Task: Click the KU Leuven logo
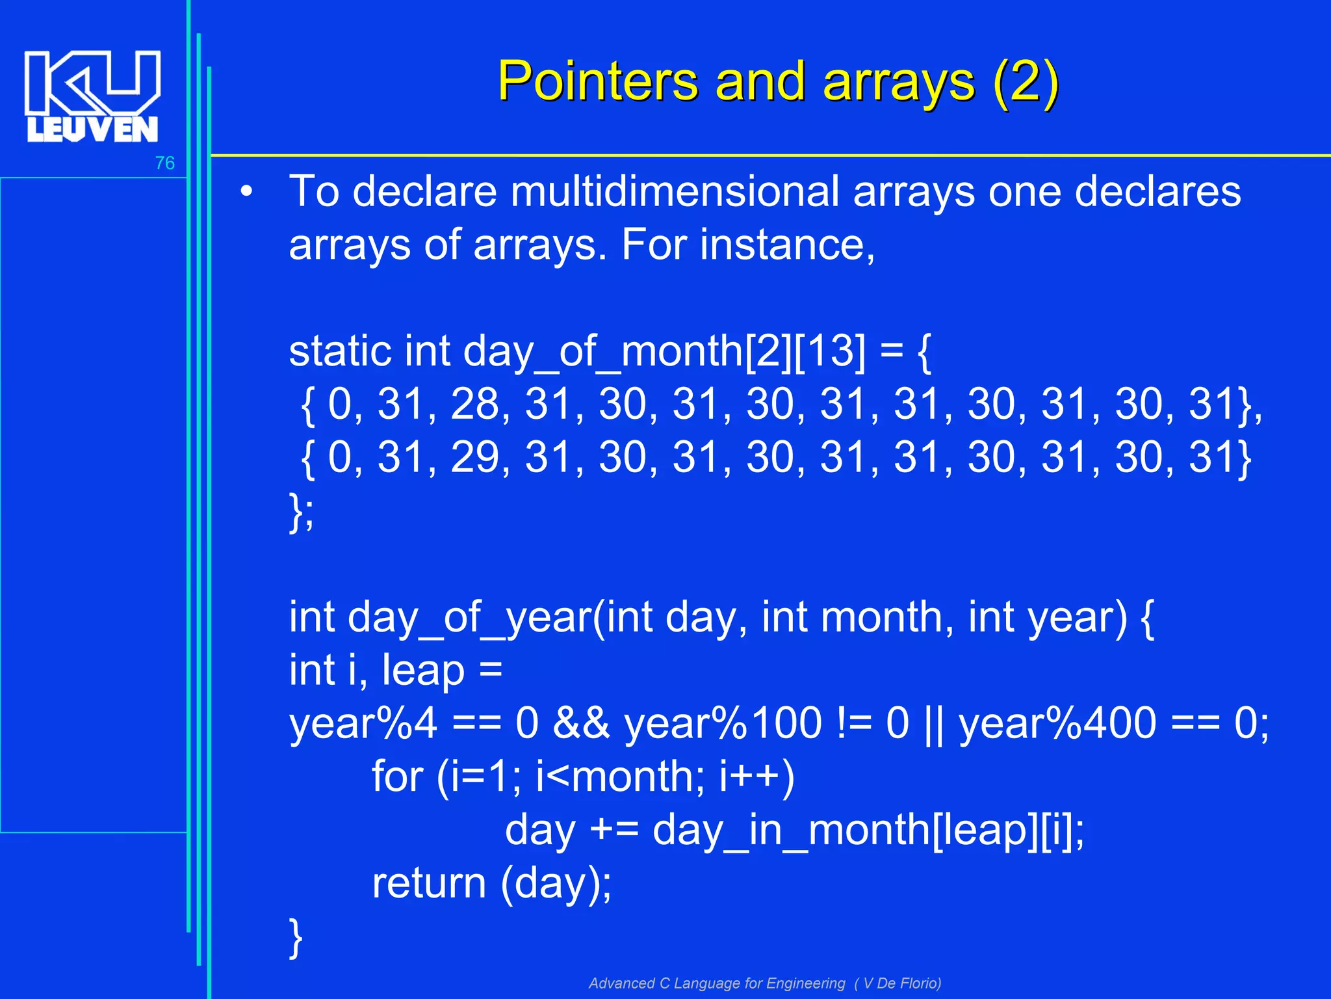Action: [92, 96]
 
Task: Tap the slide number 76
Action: [164, 163]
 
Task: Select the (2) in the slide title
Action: [1026, 81]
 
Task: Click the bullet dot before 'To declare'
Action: [246, 193]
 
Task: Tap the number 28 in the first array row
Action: [476, 405]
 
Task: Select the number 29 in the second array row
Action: [476, 457]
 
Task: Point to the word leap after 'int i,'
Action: [422, 671]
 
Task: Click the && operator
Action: [582, 723]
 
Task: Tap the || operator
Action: [933, 723]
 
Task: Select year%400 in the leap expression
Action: [1057, 723]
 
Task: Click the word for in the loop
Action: [397, 777]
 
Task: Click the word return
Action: [429, 883]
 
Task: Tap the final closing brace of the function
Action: [296, 937]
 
